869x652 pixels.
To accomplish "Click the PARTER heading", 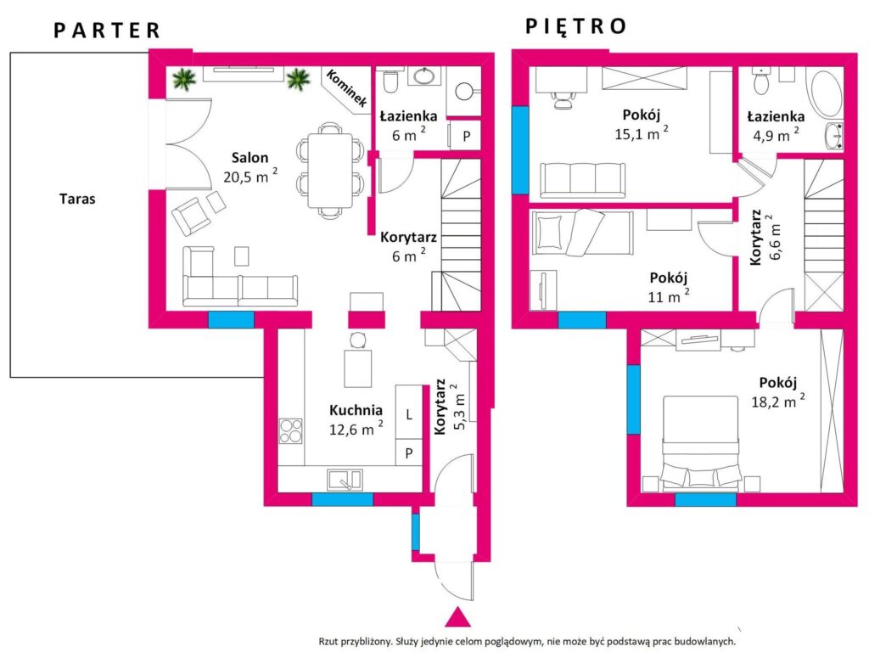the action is click(107, 31).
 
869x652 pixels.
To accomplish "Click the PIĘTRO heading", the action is click(576, 26).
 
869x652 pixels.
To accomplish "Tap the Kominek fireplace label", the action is click(346, 88).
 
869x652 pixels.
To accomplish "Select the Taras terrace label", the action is click(77, 199).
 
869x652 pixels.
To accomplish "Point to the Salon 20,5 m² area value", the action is click(250, 176).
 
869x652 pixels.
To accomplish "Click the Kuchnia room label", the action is click(356, 410).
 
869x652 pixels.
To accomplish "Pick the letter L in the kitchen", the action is click(409, 414).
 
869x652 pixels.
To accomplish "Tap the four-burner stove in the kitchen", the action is click(291, 431).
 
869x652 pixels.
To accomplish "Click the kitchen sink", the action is click(345, 481).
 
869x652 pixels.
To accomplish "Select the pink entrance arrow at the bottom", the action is click(457, 618).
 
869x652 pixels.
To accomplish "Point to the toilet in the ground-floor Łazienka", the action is click(390, 82).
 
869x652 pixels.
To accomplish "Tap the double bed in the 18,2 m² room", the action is click(701, 443).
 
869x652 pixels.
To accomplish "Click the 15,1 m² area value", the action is click(642, 133).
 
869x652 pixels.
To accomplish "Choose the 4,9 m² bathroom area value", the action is click(776, 135).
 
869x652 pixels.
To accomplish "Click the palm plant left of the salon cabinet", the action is click(184, 79).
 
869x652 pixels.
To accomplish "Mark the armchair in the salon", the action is click(192, 216).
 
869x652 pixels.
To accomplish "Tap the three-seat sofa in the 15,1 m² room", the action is click(582, 180).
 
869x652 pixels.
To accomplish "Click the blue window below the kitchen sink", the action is click(343, 499).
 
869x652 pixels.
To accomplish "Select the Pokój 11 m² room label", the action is click(669, 287).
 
